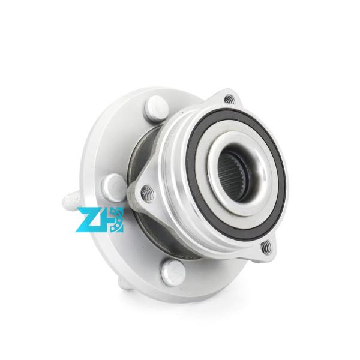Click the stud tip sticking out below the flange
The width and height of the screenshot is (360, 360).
coord(124,284)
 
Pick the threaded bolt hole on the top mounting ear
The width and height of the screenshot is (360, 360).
coord(230,100)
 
